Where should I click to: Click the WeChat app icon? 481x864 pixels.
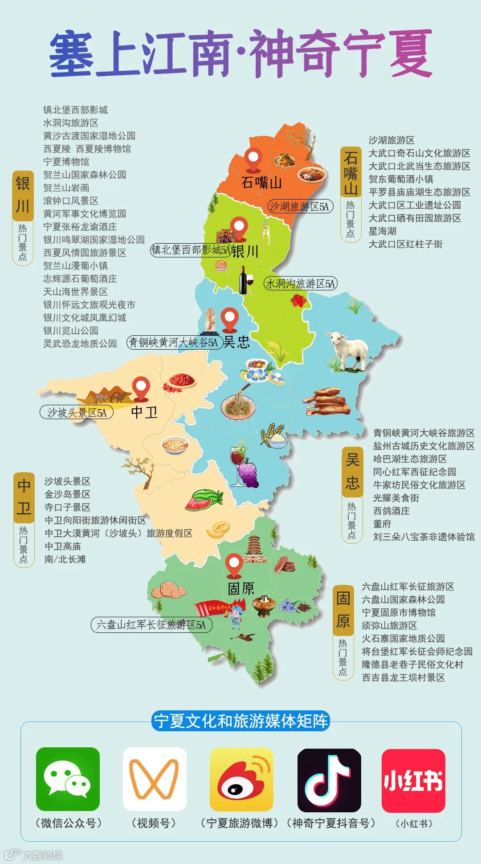68,779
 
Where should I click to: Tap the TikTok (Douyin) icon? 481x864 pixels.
329,780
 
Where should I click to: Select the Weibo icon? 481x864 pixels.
241,779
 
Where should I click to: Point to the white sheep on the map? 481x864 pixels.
349,350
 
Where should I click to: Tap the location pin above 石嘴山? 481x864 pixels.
253,159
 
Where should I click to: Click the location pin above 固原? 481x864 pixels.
234,565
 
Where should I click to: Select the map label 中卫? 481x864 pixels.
144,412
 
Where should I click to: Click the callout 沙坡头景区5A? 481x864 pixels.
77,412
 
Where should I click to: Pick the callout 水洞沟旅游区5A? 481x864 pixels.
301,283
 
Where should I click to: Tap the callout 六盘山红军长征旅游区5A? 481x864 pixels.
151,624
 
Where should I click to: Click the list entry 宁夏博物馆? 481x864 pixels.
66,162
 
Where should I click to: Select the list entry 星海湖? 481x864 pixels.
382,231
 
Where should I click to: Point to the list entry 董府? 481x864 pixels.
382,524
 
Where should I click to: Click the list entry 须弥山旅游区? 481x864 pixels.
389,625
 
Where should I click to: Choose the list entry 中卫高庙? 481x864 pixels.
63,546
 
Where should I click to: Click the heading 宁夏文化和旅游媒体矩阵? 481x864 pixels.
240,721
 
